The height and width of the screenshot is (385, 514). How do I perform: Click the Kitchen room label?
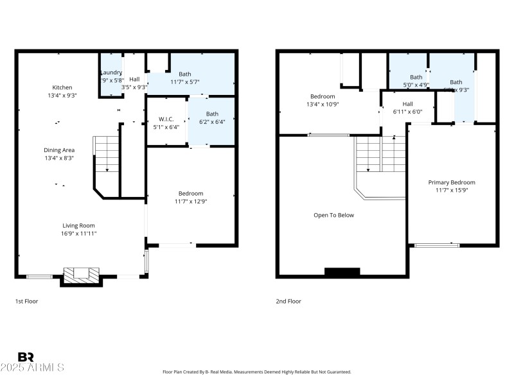click(x=62, y=87)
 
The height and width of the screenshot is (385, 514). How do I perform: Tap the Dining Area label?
click(x=59, y=150)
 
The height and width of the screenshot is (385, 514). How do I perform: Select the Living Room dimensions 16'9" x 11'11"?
click(x=79, y=234)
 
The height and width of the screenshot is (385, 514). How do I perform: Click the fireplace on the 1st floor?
click(x=81, y=274)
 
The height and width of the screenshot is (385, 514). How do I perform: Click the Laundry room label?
click(x=111, y=73)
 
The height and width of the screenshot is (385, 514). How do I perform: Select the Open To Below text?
click(x=333, y=215)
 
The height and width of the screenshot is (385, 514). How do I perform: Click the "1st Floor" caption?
click(x=26, y=300)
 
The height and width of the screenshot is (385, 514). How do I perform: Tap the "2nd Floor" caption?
click(x=288, y=300)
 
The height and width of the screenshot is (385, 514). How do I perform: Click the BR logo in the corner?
click(x=26, y=357)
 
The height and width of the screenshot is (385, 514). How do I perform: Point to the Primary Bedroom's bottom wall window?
click(x=437, y=244)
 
